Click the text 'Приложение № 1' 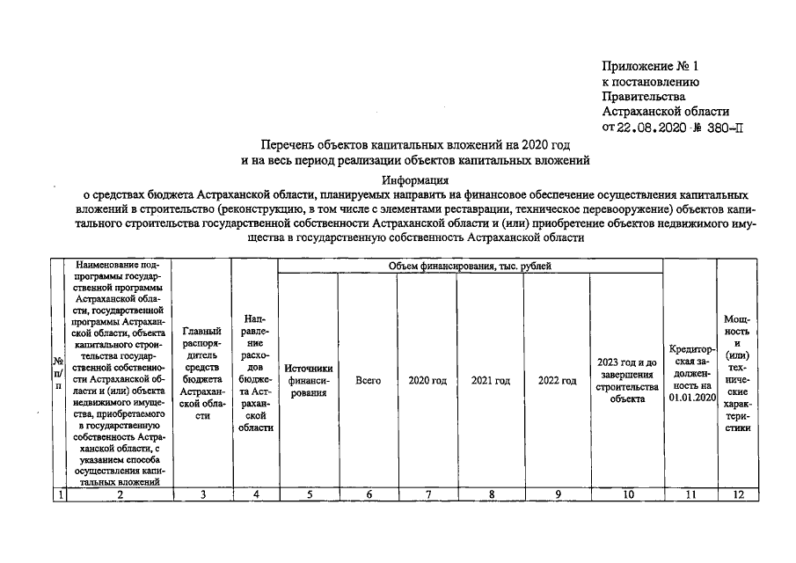[649, 67]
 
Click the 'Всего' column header [368, 381]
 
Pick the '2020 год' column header [427, 381]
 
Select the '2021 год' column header [491, 381]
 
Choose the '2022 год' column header [557, 381]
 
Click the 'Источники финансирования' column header [309, 381]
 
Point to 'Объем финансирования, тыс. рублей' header [471, 266]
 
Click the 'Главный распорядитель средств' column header [202, 373]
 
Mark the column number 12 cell [737, 495]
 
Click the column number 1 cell [59, 495]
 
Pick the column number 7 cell [427, 495]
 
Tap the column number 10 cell [626, 495]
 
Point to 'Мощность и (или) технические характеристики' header [737, 373]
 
